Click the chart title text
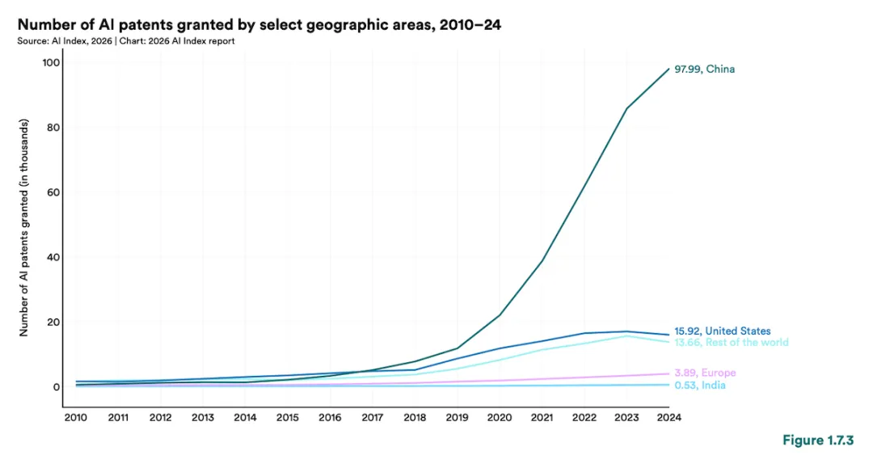click(259, 24)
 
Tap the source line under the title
click(126, 41)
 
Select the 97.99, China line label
click(704, 69)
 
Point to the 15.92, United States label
click(722, 331)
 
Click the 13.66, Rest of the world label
click(731, 342)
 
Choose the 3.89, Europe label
click(705, 373)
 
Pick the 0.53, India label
click(700, 385)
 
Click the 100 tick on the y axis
click(51, 62)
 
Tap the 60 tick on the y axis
click(53, 192)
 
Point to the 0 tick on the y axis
click(57, 386)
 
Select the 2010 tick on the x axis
click(76, 417)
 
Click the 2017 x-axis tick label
click(373, 417)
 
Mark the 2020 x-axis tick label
click(500, 417)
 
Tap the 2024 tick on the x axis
click(669, 417)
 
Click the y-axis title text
click(24, 228)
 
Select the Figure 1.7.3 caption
click(818, 441)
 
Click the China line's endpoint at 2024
click(669, 69)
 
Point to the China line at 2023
click(627, 108)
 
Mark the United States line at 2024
click(669, 335)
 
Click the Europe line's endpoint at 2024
click(669, 374)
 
